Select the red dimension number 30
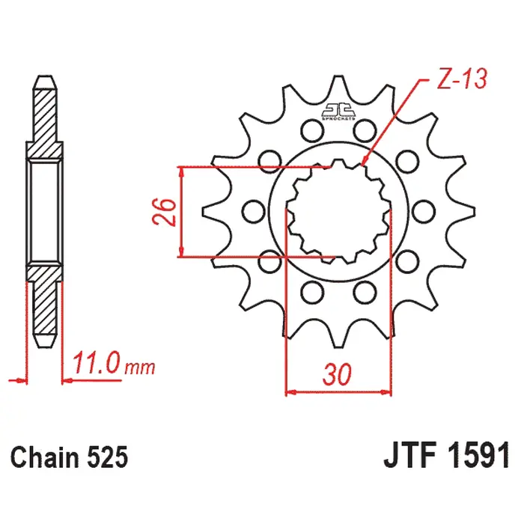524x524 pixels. [x=337, y=374]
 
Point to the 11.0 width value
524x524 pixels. [x=96, y=365]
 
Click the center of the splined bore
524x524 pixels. [x=339, y=211]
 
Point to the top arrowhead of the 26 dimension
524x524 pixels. [x=181, y=169]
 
